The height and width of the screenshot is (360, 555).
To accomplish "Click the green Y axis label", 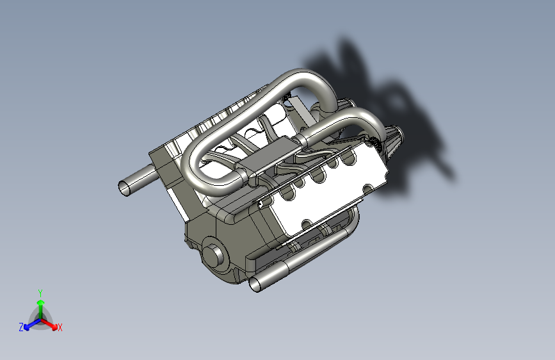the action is click(x=40, y=293).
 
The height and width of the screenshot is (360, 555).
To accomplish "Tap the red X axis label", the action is click(x=60, y=327).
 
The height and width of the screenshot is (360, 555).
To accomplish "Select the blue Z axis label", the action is click(x=21, y=327).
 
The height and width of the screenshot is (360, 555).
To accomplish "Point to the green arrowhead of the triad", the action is click(x=41, y=302).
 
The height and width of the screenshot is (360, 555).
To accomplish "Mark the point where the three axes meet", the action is click(x=41, y=320).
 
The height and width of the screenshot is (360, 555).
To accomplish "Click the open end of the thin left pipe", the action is click(x=124, y=188).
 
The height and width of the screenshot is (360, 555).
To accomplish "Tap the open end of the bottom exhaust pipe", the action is click(x=255, y=284).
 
